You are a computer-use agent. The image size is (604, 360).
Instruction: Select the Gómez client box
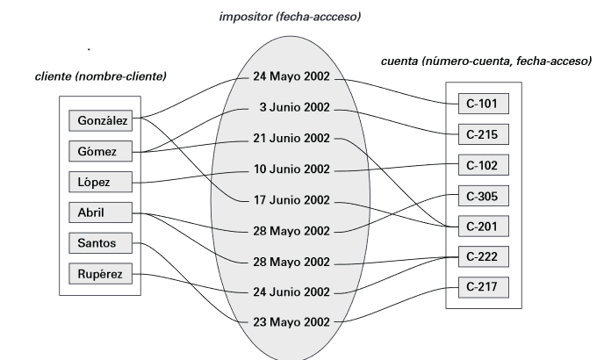(x=101, y=151)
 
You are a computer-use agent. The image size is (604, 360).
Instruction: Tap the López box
(x=101, y=182)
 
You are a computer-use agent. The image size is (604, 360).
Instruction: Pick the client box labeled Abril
(x=101, y=212)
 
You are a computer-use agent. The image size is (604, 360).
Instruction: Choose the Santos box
(x=101, y=242)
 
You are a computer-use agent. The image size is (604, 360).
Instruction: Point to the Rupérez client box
(x=101, y=274)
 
